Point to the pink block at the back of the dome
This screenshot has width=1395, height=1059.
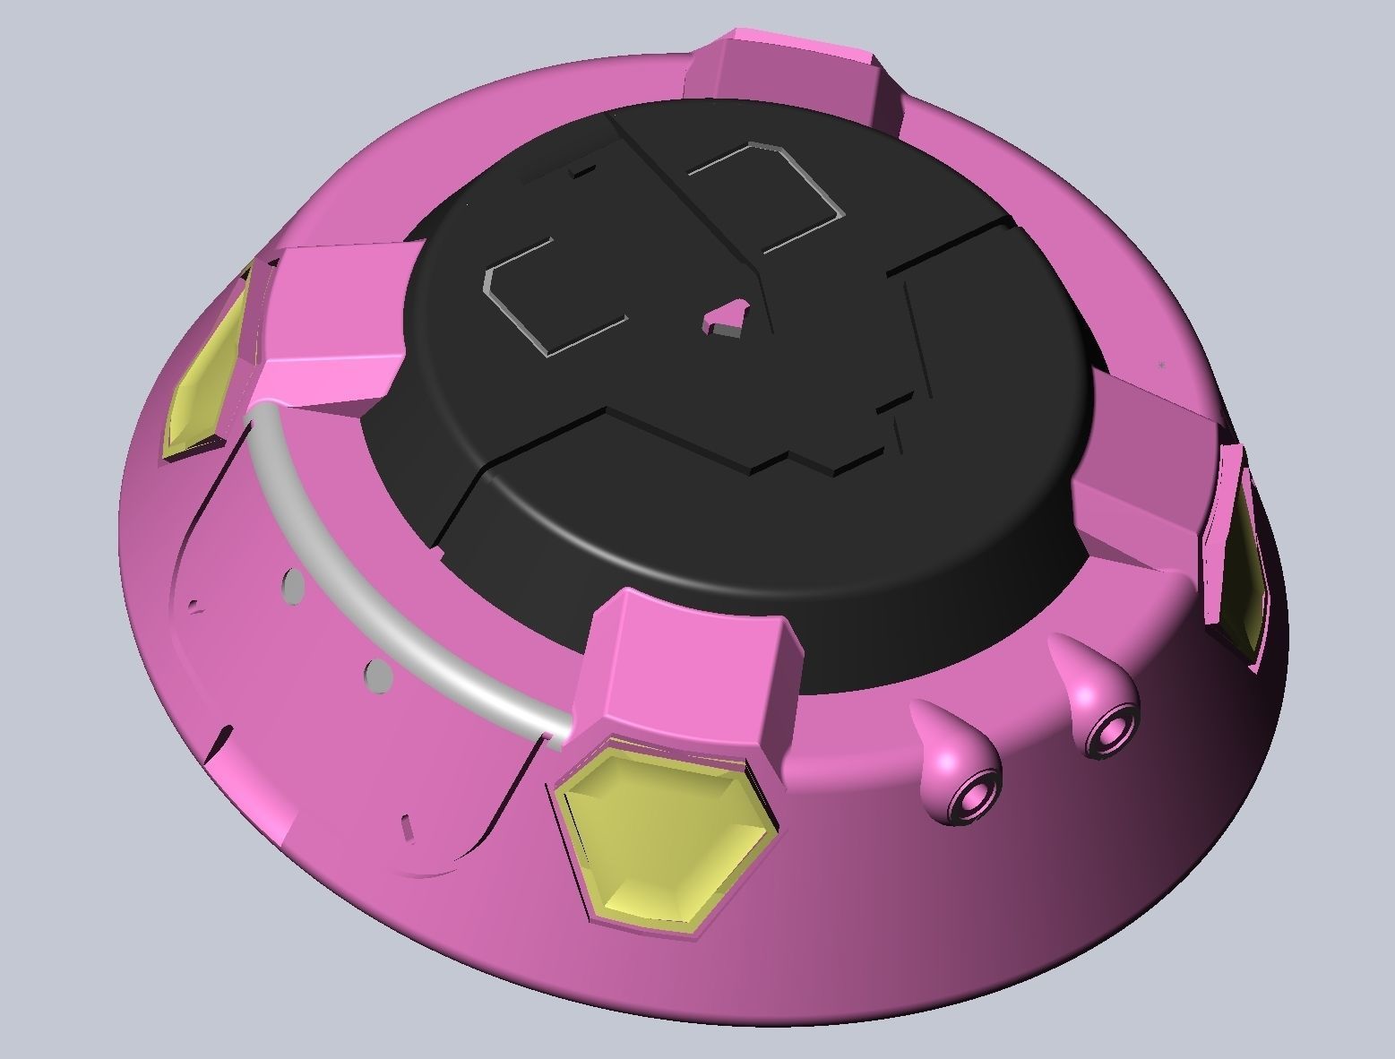[x=788, y=76]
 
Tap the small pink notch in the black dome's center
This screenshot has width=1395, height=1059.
[x=728, y=319]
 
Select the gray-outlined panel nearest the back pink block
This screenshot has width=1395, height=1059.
[x=762, y=193]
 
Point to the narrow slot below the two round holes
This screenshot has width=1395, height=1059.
[x=407, y=825]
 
